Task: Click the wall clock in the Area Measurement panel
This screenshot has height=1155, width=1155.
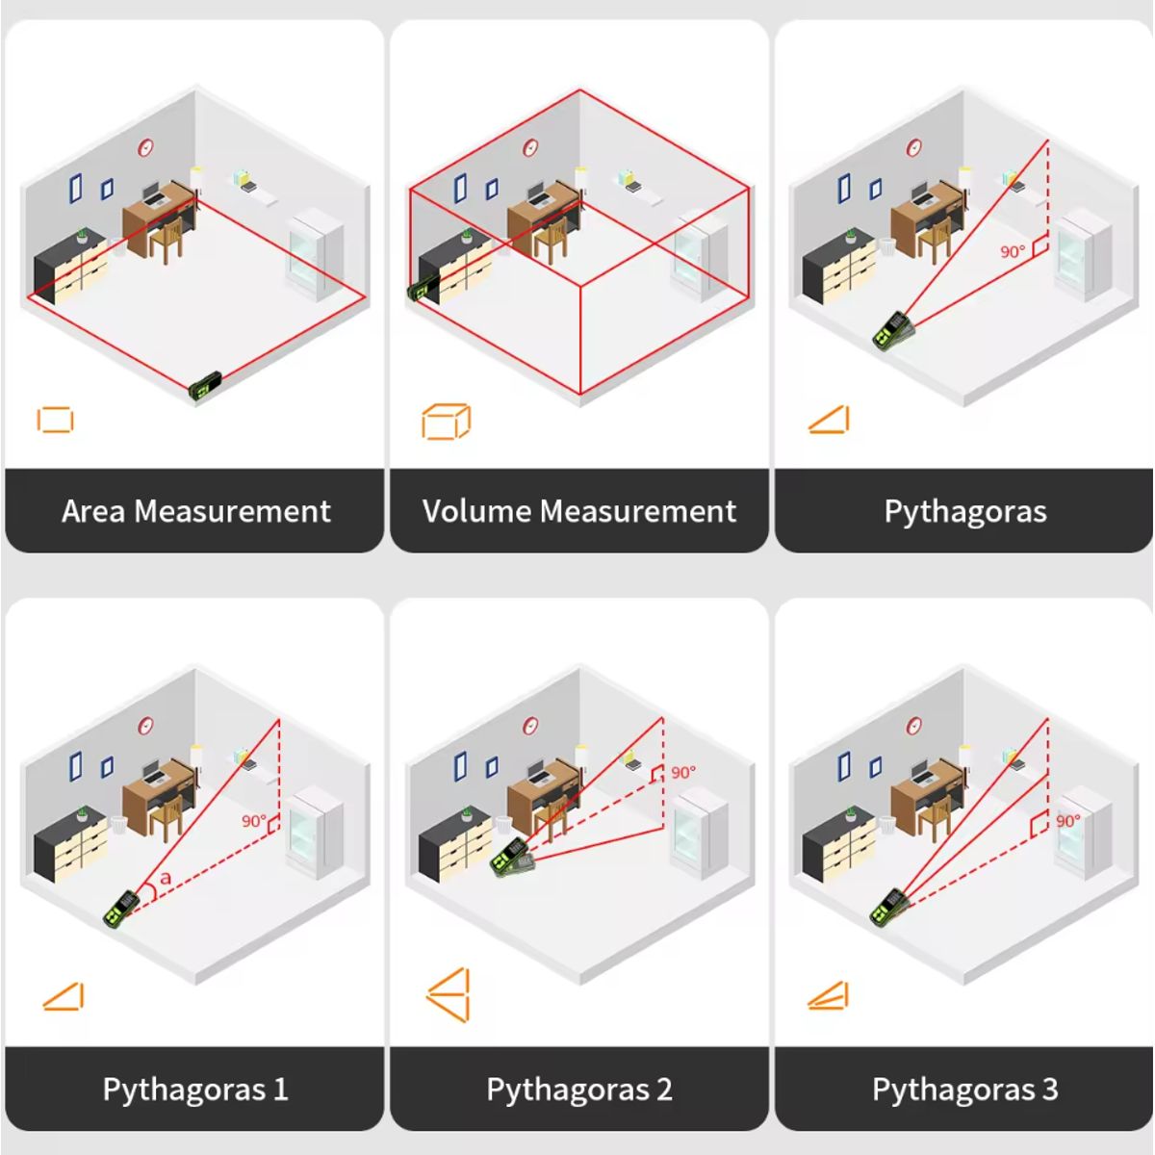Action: (145, 147)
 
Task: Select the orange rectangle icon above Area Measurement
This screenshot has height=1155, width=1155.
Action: (55, 420)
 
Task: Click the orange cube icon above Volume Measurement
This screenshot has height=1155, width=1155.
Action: (447, 422)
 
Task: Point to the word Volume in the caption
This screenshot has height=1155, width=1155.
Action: (476, 511)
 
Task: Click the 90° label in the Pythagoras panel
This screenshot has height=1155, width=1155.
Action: (1013, 252)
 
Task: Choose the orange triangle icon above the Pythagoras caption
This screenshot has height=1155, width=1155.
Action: (829, 419)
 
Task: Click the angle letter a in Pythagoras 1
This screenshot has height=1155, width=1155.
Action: (165, 878)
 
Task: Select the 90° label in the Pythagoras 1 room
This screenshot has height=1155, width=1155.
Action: (253, 821)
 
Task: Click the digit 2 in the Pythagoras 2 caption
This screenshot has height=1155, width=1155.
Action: (664, 1089)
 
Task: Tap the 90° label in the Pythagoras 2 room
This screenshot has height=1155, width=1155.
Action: (683, 773)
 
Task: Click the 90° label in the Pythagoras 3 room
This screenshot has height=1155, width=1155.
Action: (1068, 821)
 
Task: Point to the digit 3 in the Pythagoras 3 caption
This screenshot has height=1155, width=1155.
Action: (1049, 1089)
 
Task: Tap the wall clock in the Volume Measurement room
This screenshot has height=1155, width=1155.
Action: (530, 147)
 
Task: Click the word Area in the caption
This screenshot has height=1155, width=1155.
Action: (93, 511)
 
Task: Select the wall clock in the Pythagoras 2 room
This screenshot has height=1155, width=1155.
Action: (530, 727)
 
